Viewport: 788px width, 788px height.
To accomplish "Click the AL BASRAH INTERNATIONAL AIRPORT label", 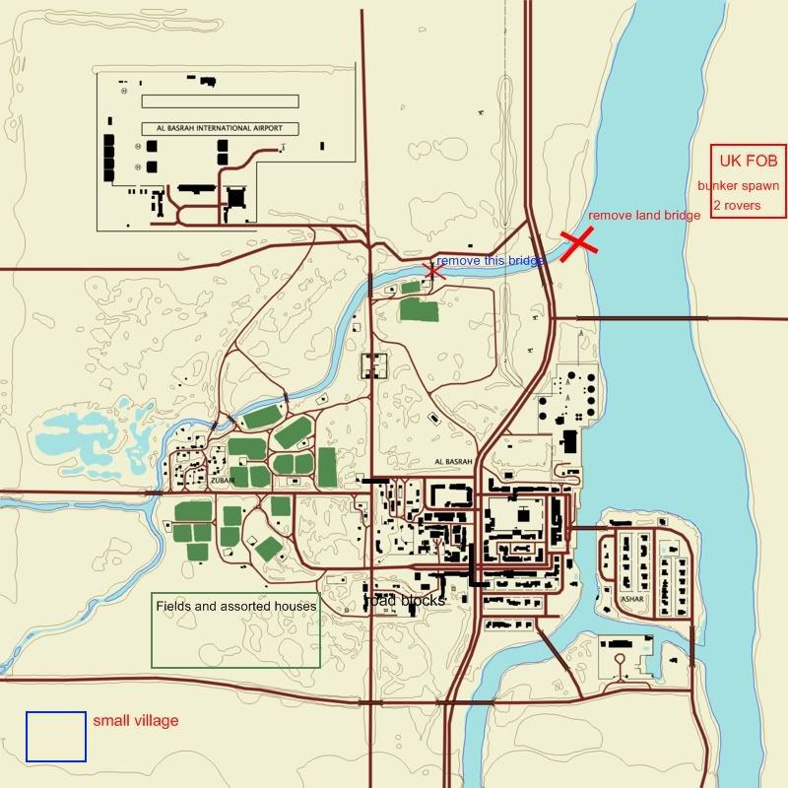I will point(219,128).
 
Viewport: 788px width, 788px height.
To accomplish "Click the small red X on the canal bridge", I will point(432,271).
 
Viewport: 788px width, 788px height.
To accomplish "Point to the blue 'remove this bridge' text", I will point(490,261).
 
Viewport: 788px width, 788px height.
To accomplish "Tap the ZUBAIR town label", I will point(221,482).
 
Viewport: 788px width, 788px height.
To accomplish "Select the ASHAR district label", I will point(631,598).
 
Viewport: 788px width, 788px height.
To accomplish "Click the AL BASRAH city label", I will point(454,461).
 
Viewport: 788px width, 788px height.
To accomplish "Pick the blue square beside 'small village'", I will point(56,737).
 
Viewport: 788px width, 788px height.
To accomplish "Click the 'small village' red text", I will point(136,721).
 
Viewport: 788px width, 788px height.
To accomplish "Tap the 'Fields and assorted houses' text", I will point(236,607).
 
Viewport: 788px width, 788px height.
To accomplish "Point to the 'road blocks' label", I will point(405,600).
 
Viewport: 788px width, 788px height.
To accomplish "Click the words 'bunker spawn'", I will point(738,185).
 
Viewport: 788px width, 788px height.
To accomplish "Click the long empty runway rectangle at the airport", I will point(220,100).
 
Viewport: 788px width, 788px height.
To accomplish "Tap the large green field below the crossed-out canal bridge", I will point(420,311).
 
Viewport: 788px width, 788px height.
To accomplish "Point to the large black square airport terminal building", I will point(235,197).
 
